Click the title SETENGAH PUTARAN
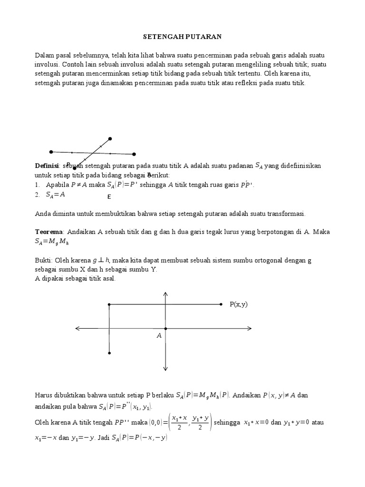(182, 36)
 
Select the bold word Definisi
(46, 166)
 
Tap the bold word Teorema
(49, 232)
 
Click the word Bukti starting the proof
(43, 261)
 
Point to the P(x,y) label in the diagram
(239, 304)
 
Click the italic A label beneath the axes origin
(159, 336)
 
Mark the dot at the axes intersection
(165, 328)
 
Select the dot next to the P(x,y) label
(221, 304)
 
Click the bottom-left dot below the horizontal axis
(109, 353)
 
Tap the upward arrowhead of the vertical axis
(165, 293)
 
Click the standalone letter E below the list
(109, 196)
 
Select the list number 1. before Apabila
(38, 185)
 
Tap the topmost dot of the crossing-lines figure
(110, 139)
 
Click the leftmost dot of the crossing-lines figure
(51, 152)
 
